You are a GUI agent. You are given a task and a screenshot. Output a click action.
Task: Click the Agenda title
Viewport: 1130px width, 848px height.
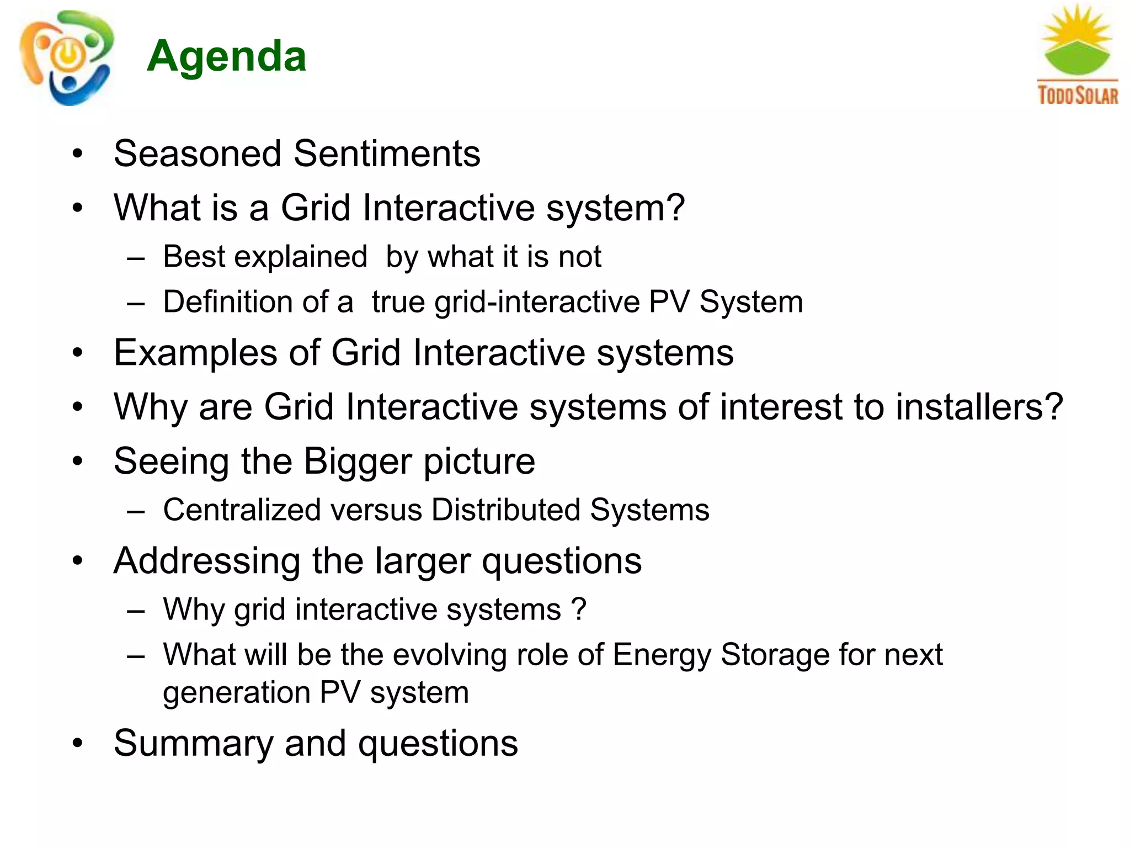tap(226, 56)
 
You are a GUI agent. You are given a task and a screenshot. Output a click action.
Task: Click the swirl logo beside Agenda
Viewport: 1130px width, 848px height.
tap(66, 58)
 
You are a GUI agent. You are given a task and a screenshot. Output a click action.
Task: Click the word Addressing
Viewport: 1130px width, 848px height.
tap(207, 561)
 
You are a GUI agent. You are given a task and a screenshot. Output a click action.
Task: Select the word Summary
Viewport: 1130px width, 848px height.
tap(193, 744)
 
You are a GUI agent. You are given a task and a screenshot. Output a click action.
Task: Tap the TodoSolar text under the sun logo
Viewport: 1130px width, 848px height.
tap(1078, 95)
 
